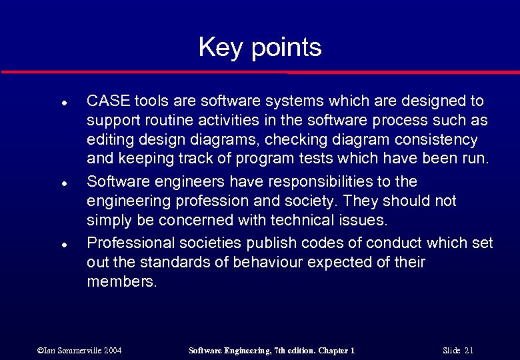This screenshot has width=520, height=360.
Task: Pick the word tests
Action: (x=286, y=160)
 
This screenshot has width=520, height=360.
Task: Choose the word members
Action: (x=122, y=282)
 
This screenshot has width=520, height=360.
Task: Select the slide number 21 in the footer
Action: (x=469, y=350)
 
